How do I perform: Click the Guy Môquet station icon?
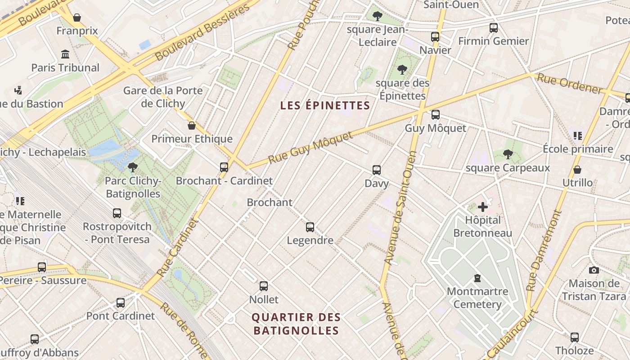[435, 115]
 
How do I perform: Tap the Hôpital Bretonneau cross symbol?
[483, 207]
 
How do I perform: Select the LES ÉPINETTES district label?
[325, 106]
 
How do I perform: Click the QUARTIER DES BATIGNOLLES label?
[296, 324]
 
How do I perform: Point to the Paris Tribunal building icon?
[65, 54]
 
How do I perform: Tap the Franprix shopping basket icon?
[77, 18]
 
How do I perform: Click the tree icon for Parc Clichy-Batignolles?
[132, 168]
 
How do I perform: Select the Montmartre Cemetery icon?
[477, 278]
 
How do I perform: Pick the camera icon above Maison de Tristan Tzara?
[594, 270]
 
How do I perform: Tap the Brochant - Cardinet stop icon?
[224, 167]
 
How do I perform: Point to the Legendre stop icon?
[310, 227]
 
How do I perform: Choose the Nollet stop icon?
[264, 286]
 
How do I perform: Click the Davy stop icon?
[377, 170]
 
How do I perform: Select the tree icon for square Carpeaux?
[508, 155]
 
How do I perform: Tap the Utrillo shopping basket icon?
[577, 170]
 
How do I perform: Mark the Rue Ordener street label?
[570, 84]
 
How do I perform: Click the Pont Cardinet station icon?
[121, 303]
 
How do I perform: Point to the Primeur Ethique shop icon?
[192, 126]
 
